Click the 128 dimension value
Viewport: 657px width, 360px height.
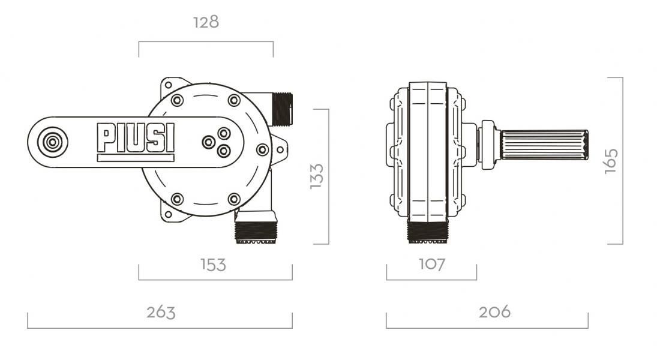[x=206, y=22]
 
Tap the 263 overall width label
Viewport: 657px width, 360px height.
[x=161, y=312]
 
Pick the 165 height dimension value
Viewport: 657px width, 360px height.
[x=611, y=161]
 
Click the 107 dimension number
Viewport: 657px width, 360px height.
[x=431, y=264]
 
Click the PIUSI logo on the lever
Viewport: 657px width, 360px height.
[x=136, y=137]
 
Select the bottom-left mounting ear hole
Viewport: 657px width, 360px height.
[x=169, y=213]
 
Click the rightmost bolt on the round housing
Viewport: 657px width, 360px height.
[x=262, y=149]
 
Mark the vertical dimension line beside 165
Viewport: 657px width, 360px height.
[x=622, y=161]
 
